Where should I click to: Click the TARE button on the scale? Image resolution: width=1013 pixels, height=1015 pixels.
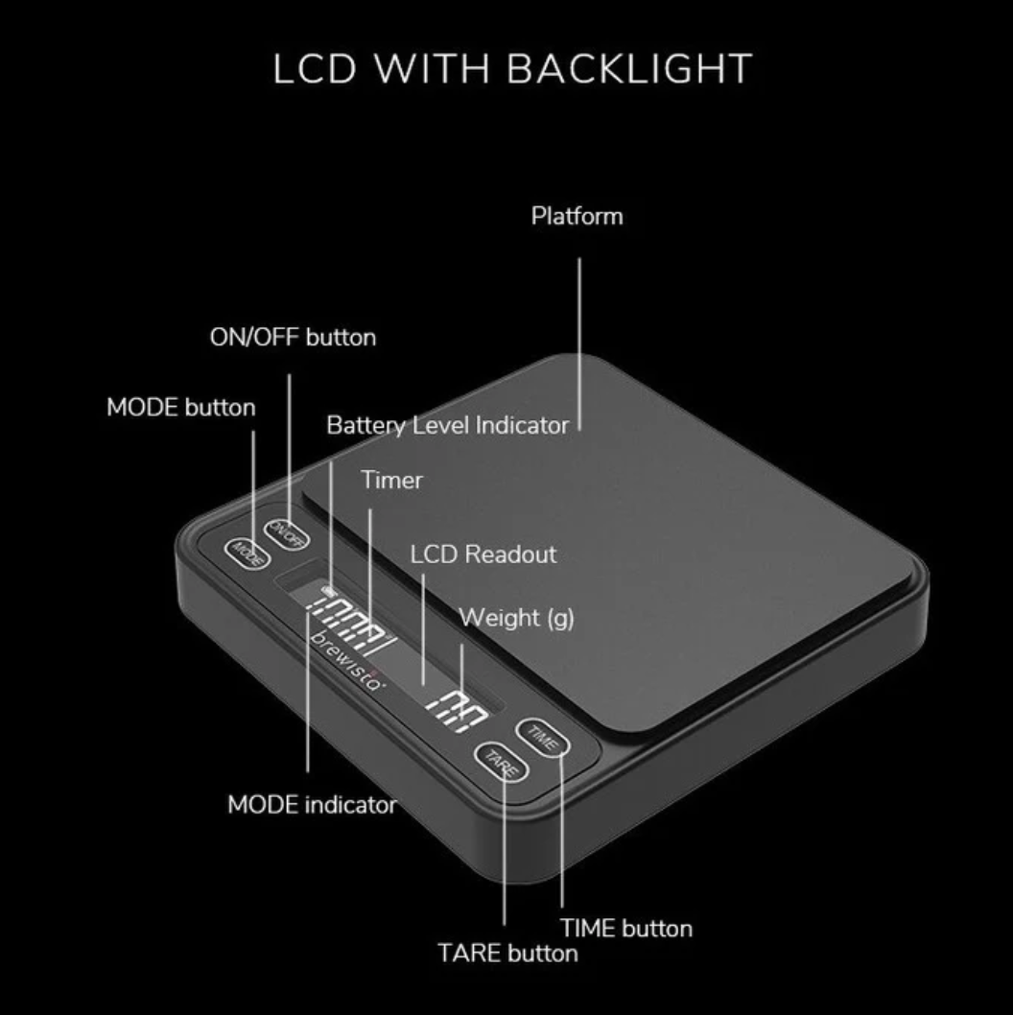[501, 762]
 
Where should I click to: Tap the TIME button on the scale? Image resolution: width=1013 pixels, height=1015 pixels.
[542, 738]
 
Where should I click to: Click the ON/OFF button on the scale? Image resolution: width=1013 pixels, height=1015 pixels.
[286, 534]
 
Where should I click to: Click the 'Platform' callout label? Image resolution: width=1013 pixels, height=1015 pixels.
[577, 216]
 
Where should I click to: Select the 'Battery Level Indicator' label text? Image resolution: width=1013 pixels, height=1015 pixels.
[447, 425]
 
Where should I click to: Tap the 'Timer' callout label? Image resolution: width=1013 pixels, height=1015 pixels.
[391, 480]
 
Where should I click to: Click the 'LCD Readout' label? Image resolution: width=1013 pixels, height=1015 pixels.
[483, 555]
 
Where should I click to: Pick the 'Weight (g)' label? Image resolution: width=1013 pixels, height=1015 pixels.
[516, 618]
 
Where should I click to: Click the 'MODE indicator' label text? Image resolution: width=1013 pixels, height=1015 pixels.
[312, 805]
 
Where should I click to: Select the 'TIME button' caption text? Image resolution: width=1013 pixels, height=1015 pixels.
[625, 929]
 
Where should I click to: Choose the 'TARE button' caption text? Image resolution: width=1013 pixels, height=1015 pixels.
[507, 953]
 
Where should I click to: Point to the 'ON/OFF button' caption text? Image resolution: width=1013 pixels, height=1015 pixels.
[293, 338]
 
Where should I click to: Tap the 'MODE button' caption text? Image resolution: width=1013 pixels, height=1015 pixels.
[180, 407]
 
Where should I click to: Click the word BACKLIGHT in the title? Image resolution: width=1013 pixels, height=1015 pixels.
[630, 69]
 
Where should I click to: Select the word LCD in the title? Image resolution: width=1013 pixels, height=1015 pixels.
[315, 69]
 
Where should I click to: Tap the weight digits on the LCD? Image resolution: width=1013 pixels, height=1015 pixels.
[457, 712]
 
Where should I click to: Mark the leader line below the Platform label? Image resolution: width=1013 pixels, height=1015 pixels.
[579, 343]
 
